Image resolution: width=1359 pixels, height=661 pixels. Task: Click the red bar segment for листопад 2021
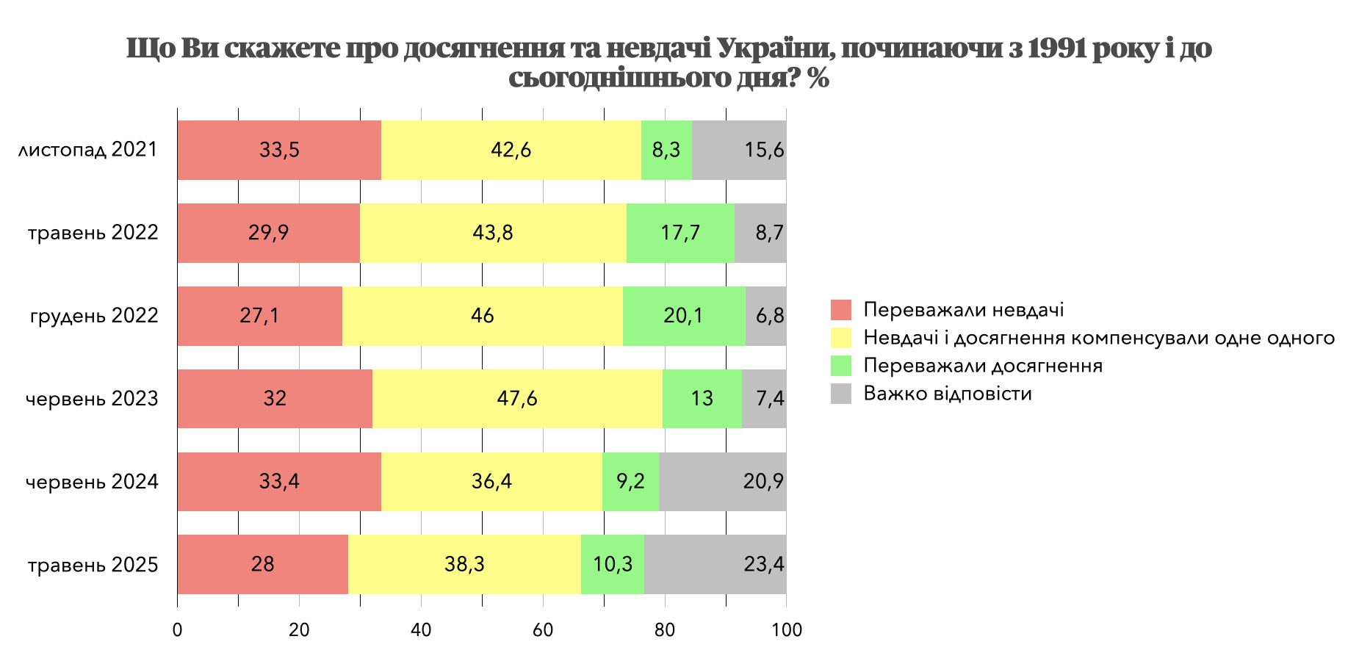point(279,150)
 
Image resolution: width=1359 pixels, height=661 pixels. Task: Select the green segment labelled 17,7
point(680,233)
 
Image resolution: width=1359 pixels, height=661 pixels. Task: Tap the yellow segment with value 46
point(483,316)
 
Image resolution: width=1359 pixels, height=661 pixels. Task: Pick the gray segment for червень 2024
point(723,482)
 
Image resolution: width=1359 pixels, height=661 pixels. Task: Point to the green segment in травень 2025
point(613,564)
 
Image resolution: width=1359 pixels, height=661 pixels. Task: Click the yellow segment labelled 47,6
point(517,399)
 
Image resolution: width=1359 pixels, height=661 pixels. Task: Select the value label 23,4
point(764,564)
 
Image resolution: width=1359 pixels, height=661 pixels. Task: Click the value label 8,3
point(666,150)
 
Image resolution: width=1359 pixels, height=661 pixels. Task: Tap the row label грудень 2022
point(94,316)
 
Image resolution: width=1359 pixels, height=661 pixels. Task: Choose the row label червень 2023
point(92,399)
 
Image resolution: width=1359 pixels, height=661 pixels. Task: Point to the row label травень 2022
point(93,233)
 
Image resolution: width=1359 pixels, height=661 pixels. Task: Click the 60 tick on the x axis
point(543,630)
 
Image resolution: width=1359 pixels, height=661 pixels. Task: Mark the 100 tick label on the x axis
point(787,630)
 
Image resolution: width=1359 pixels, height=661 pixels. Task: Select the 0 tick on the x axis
point(177,630)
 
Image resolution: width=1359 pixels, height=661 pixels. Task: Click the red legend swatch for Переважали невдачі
point(841,310)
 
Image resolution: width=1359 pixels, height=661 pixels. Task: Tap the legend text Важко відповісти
point(948,394)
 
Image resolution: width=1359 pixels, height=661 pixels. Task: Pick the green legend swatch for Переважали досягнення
point(841,366)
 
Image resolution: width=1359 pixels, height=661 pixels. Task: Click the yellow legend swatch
point(841,338)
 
